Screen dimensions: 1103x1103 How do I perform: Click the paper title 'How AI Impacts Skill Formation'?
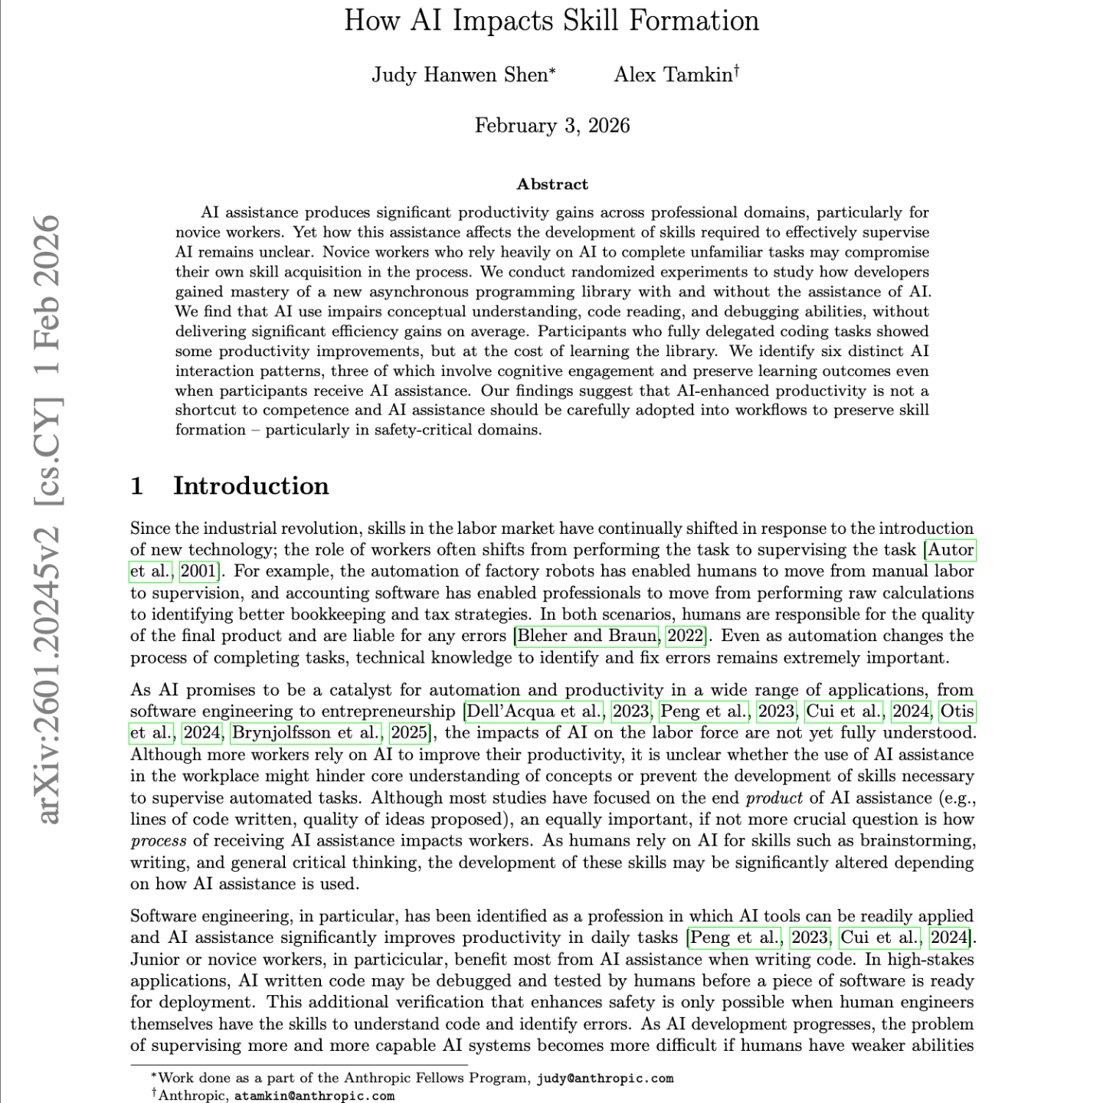point(551,21)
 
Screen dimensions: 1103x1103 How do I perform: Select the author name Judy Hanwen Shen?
point(460,75)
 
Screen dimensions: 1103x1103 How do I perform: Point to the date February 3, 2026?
point(551,126)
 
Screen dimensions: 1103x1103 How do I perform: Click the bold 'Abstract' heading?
point(552,184)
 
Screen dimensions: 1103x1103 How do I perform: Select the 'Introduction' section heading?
point(250,486)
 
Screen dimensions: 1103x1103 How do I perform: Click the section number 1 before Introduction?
point(137,486)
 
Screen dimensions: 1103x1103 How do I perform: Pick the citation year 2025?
point(409,733)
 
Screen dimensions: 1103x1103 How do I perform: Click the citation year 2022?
point(686,636)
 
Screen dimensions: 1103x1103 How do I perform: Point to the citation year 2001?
point(198,571)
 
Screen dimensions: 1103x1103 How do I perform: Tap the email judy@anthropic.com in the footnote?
point(604,1078)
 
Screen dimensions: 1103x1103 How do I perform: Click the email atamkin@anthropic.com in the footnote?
point(314,1096)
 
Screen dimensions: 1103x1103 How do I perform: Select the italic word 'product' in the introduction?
point(774,798)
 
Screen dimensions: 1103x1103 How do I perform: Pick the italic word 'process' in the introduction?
point(159,841)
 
